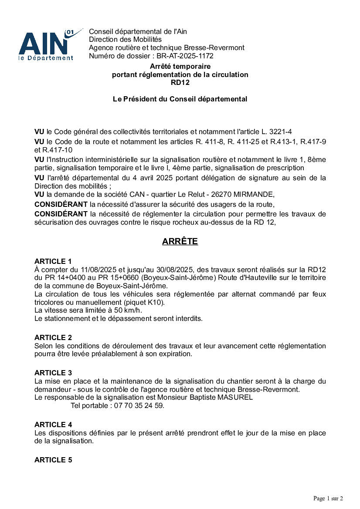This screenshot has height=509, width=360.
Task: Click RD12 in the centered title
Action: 180,83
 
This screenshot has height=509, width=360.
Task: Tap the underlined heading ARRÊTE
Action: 180,242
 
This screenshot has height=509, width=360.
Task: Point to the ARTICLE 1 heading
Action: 53,262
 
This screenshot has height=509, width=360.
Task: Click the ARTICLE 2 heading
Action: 53,338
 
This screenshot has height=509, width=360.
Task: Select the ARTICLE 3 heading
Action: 53,373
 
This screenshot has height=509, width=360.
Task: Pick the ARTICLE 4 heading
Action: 53,425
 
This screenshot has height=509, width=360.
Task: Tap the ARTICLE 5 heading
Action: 53,460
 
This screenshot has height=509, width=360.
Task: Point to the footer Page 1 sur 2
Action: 328,498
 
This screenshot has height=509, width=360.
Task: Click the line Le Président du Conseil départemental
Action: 180,99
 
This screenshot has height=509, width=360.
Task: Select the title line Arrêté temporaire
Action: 180,67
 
